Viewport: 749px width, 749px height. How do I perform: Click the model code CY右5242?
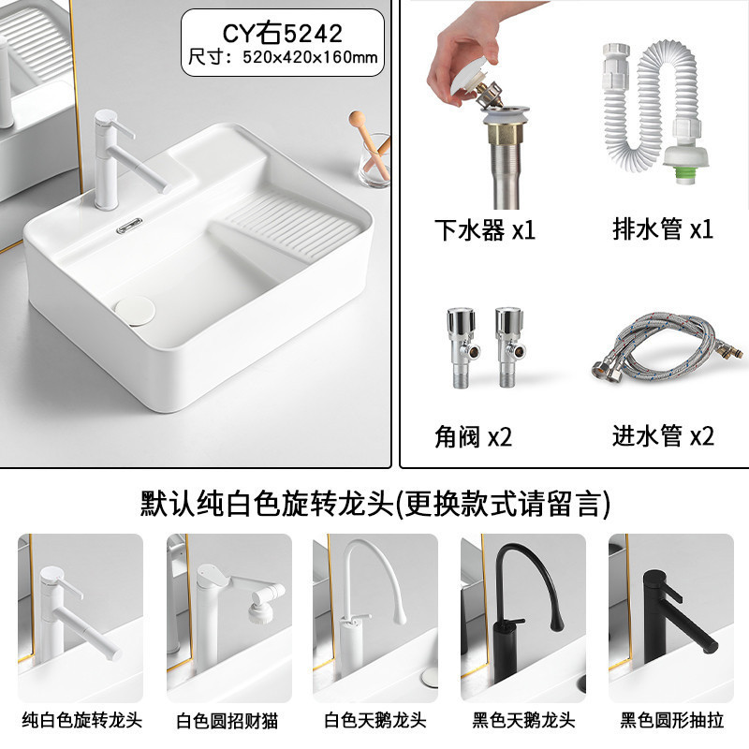coord(283,33)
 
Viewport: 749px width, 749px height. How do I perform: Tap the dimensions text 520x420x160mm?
coord(310,57)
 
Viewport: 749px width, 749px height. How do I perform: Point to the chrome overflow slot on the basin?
coord(129,226)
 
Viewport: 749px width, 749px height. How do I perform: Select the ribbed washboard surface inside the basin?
coord(290,224)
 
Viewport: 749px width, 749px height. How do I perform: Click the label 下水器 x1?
coord(484,230)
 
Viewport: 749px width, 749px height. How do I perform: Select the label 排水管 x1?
coord(663,229)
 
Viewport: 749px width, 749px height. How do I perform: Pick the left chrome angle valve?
coord(461,346)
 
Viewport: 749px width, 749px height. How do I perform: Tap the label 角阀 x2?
coord(473,436)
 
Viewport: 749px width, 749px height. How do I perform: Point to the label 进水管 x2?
coord(663,435)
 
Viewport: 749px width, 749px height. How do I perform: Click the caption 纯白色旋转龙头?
coord(82,720)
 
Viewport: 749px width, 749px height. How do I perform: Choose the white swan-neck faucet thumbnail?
coord(375,618)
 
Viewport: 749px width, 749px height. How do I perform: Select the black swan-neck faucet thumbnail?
coord(523,618)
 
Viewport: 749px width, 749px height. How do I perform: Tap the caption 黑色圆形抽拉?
coord(671,720)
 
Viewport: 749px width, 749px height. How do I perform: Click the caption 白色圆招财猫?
coord(227,720)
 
